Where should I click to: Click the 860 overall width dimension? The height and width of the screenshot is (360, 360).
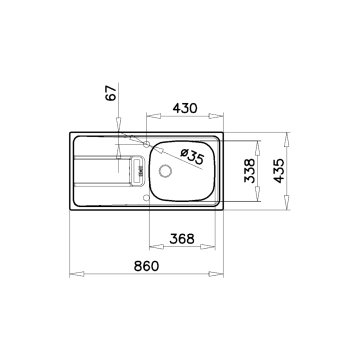click(147, 266)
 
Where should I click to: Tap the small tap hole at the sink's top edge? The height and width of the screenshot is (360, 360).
click(122, 133)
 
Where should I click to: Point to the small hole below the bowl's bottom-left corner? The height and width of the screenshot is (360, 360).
click(147, 196)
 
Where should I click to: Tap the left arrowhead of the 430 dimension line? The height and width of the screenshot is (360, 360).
click(146, 114)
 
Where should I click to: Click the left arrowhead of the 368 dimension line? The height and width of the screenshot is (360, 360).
click(149, 249)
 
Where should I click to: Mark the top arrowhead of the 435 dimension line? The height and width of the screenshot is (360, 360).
click(290, 130)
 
